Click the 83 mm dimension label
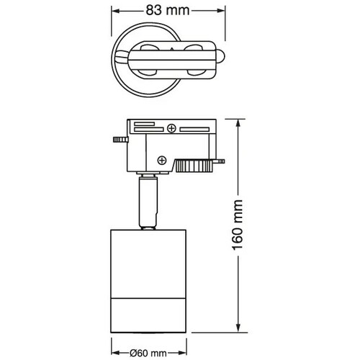(168, 10)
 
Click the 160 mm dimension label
(238, 225)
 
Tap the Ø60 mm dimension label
(148, 354)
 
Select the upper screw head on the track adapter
(171, 128)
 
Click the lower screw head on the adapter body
(162, 160)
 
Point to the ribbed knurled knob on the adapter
(194, 166)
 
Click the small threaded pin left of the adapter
(120, 140)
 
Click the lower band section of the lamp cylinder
(148, 315)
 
